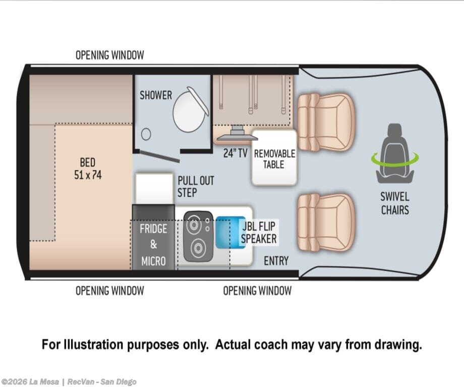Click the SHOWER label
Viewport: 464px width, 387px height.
(156, 95)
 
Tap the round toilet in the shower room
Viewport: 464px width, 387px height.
(190, 110)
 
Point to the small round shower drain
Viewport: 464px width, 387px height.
(146, 134)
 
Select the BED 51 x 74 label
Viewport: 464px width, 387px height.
(88, 169)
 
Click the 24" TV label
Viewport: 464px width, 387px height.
(235, 153)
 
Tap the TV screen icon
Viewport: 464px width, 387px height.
(238, 134)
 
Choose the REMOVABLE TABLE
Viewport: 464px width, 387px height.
(274, 157)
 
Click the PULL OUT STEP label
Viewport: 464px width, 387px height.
(196, 187)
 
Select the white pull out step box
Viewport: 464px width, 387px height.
(154, 189)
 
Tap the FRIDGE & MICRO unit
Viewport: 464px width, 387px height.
(153, 237)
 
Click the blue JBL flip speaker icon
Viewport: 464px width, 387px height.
(230, 232)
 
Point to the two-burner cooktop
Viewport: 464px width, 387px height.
(198, 236)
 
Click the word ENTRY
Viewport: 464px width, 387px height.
(276, 261)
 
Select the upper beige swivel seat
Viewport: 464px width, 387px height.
(325, 122)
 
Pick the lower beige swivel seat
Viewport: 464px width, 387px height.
(325, 223)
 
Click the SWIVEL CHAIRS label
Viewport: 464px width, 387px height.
(395, 203)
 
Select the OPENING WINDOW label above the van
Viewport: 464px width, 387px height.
(110, 55)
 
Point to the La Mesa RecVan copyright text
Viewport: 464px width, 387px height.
(69, 381)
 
